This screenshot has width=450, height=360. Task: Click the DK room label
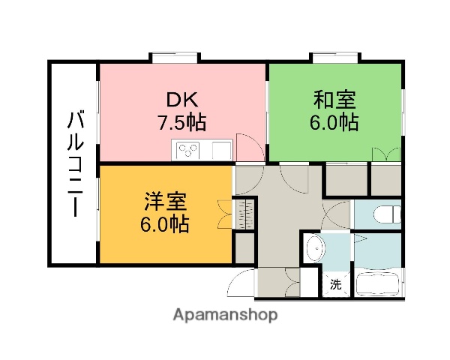pos(181,99)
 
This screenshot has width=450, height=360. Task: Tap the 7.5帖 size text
pos(181,122)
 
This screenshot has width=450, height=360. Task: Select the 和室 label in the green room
pos(334,99)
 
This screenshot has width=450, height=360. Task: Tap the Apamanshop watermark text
pos(224,315)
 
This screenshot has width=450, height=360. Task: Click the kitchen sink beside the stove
pos(221,150)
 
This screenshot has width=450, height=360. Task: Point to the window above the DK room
pos(175,55)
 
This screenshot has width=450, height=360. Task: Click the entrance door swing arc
pos(241,285)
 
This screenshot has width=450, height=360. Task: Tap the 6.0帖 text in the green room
pos(334,122)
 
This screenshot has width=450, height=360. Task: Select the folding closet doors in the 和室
pos(386,153)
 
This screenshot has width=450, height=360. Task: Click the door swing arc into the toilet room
pos(336,214)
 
